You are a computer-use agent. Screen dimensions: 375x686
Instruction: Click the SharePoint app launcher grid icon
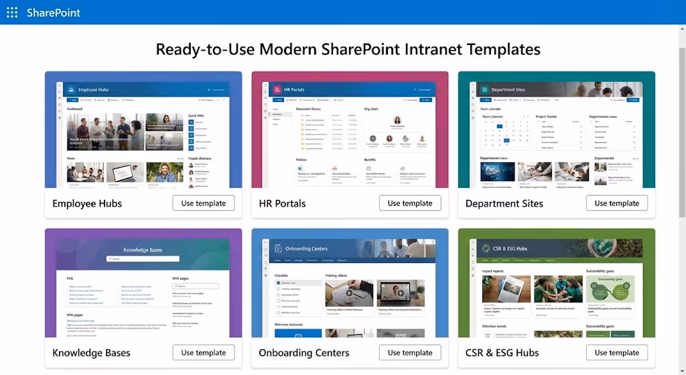coord(12,12)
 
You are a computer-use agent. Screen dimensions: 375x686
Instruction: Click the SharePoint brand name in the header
coord(54,12)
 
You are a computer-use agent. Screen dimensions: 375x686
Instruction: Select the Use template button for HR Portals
coord(410,203)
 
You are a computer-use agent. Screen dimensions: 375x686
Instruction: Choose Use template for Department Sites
coord(616,203)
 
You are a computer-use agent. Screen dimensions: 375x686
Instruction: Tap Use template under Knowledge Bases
coord(204,352)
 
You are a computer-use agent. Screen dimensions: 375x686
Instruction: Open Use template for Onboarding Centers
coord(410,352)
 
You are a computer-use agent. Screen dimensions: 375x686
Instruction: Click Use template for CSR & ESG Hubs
coord(616,352)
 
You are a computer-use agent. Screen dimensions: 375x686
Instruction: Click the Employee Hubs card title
coord(87,203)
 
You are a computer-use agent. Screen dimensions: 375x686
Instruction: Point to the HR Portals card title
coord(282,203)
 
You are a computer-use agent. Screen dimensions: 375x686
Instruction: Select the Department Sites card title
coord(504,203)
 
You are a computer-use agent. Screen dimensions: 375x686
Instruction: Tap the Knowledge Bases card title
coord(91,353)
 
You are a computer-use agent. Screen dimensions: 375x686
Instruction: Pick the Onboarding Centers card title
coord(304,353)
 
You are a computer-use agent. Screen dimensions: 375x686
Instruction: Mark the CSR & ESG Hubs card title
coord(502,353)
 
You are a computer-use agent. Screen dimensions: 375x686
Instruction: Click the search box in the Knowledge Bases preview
coord(143,259)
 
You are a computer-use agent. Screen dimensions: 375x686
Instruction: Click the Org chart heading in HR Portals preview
coord(371,108)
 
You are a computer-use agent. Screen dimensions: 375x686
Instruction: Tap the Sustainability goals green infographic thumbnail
coord(610,288)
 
